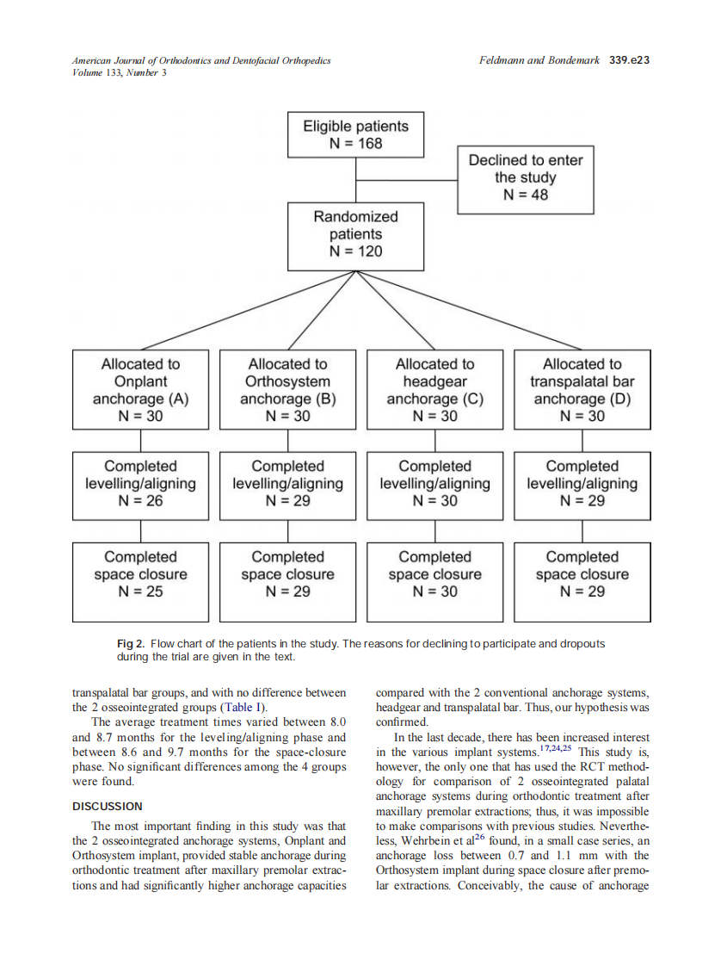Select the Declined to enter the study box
click(525, 177)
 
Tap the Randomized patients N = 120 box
click(355, 234)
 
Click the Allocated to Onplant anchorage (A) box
click(140, 389)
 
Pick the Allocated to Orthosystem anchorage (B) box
click(287, 389)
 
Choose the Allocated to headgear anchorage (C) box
click(434, 389)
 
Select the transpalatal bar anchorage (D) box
click(582, 389)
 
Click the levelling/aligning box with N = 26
click(140, 483)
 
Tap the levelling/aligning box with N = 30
click(434, 483)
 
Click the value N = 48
click(525, 195)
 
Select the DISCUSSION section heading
click(108, 807)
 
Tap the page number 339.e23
click(628, 61)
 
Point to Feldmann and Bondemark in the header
click(539, 61)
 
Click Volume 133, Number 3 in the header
click(120, 72)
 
